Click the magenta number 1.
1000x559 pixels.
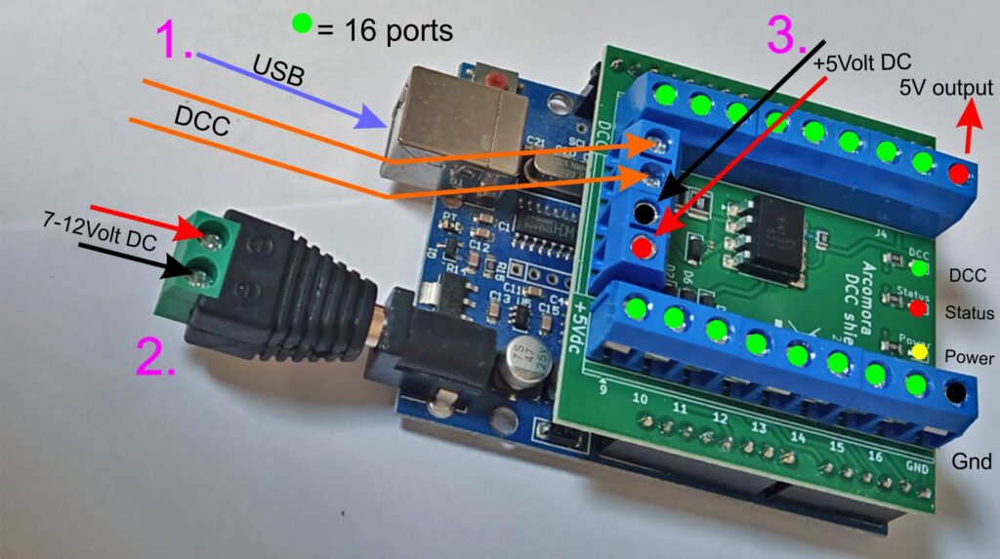(x=176, y=42)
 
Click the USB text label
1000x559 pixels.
(x=278, y=71)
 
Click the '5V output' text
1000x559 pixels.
(x=946, y=89)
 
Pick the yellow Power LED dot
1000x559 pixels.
(x=918, y=351)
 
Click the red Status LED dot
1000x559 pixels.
(x=918, y=308)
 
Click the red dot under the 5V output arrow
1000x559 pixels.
(x=959, y=174)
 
